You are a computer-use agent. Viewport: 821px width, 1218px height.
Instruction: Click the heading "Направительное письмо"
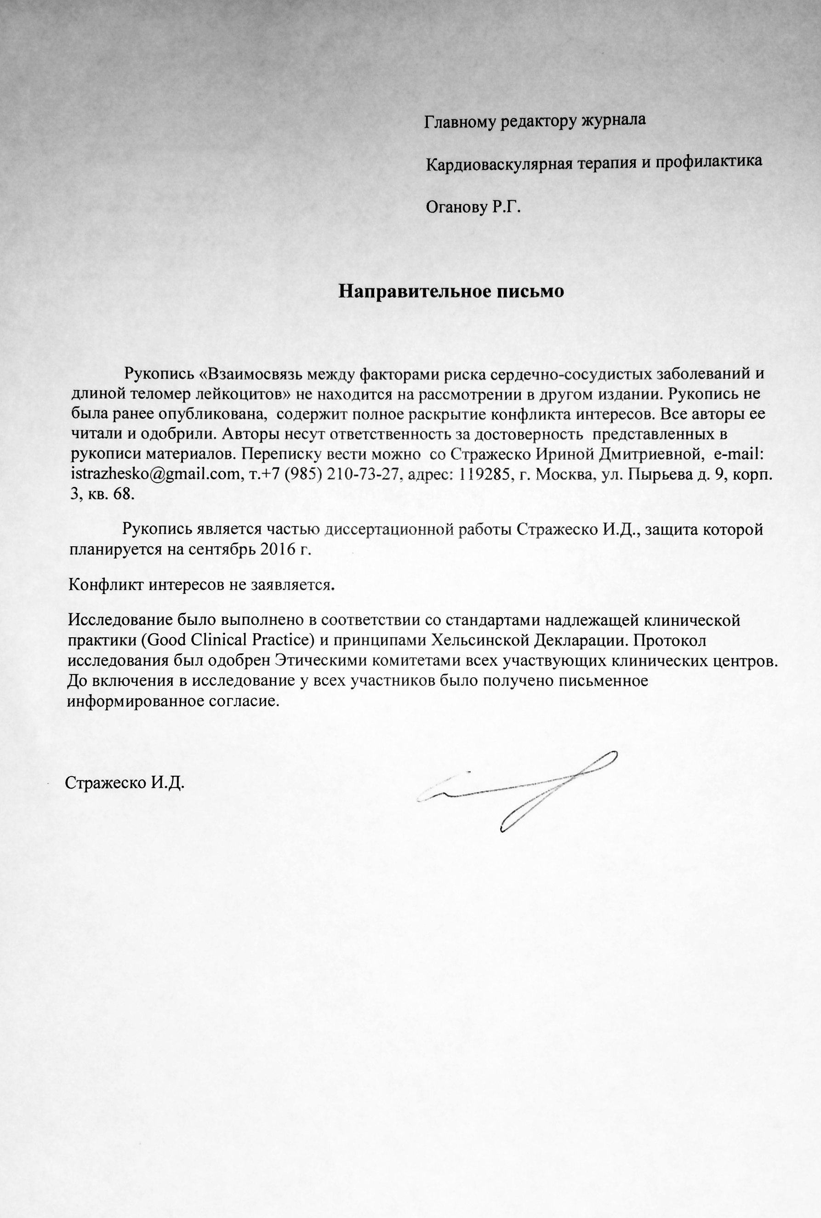451,291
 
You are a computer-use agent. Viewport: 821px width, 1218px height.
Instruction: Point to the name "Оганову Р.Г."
474,208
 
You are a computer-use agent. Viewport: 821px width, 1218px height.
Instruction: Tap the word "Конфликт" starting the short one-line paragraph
106,584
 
